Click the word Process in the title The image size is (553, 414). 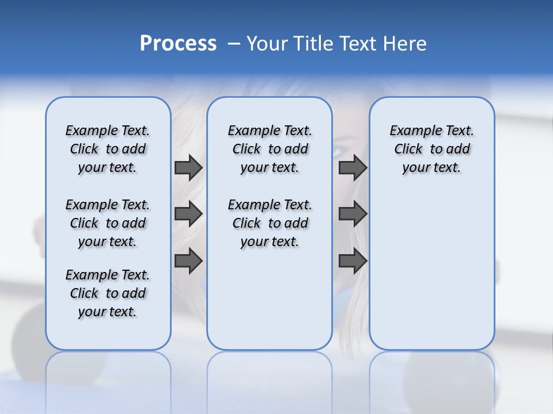pyautogui.click(x=178, y=43)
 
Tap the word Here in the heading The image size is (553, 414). pyautogui.click(x=403, y=44)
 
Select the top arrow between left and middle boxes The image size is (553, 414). pyautogui.click(x=188, y=168)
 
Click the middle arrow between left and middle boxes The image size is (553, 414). pyautogui.click(x=188, y=214)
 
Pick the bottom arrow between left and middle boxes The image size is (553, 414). pyautogui.click(x=188, y=261)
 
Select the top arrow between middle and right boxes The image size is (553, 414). pyautogui.click(x=353, y=168)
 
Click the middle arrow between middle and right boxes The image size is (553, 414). pyautogui.click(x=353, y=214)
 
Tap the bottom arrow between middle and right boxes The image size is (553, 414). pyautogui.click(x=353, y=261)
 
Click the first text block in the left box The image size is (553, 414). pyautogui.click(x=108, y=149)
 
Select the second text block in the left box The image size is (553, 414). pyautogui.click(x=108, y=223)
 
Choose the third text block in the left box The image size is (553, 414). pyautogui.click(x=108, y=293)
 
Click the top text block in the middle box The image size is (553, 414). pyautogui.click(x=270, y=149)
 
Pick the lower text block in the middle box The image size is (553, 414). pyautogui.click(x=270, y=223)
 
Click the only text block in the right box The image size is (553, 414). pyautogui.click(x=431, y=149)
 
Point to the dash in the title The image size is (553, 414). pyautogui.click(x=234, y=44)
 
